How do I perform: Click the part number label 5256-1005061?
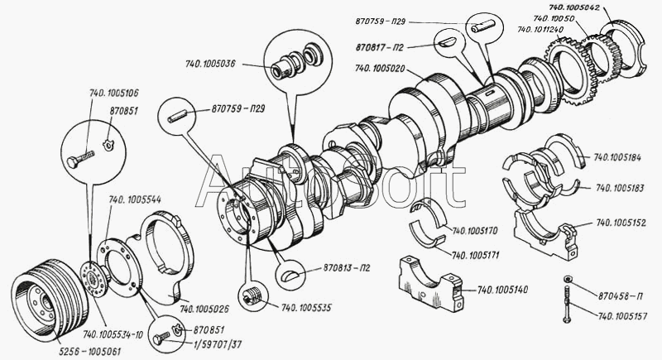click(89, 352)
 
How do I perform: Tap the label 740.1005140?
click(502, 290)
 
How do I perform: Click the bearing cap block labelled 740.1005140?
click(430, 283)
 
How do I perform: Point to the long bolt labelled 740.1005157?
click(568, 303)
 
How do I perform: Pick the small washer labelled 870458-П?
click(568, 279)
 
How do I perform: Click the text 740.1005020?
click(380, 68)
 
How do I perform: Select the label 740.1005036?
click(210, 65)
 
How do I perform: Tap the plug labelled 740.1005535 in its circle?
click(253, 295)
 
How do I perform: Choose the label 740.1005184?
click(617, 157)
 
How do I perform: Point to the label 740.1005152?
click(621, 223)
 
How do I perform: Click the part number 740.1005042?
click(574, 7)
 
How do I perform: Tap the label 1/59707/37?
click(218, 344)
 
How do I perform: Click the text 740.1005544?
click(135, 199)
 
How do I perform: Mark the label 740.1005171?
click(475, 255)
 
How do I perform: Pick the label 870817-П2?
click(379, 47)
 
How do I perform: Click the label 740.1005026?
click(204, 310)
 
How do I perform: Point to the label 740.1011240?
click(540, 29)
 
